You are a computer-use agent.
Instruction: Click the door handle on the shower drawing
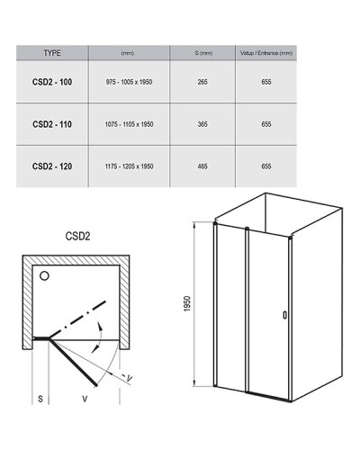285,315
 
